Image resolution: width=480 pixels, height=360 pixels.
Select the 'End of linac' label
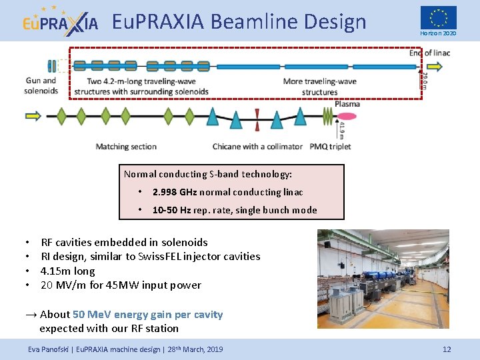[x=429, y=53]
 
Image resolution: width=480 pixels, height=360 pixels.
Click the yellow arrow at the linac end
[x=434, y=66]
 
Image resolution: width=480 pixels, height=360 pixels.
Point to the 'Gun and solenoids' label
[x=41, y=86]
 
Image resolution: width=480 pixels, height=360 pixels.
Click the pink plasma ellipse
[x=348, y=117]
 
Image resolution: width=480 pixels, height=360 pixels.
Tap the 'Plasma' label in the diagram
[x=347, y=103]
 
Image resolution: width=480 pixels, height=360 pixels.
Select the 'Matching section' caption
[x=126, y=147]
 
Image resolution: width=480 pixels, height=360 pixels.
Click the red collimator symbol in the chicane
[x=257, y=116]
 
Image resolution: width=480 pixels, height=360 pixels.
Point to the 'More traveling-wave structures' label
[x=319, y=87]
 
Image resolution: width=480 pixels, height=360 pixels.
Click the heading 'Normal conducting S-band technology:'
[x=208, y=174]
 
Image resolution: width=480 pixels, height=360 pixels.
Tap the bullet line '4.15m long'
[x=67, y=271]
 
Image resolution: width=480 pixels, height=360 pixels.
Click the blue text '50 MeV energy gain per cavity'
[x=147, y=315]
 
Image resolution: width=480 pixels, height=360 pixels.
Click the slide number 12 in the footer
[x=447, y=349]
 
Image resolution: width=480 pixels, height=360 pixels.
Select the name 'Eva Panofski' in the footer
[x=49, y=349]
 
